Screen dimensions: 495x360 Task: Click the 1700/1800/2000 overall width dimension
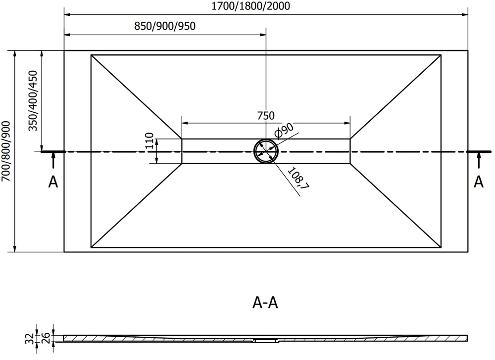(250, 5)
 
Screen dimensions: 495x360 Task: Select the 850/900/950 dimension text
(165, 26)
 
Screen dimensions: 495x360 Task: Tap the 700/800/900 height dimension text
(6, 151)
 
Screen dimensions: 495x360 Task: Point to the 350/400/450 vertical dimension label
(33, 100)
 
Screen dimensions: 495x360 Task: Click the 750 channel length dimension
(266, 116)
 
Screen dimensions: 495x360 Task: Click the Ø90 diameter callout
(284, 130)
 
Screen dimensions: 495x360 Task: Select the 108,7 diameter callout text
(298, 178)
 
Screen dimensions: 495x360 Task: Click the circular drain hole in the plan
(266, 151)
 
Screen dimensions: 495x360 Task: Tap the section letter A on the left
(53, 182)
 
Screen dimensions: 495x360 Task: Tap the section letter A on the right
(479, 182)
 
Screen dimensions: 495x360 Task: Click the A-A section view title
(265, 303)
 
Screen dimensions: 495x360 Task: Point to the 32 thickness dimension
(29, 339)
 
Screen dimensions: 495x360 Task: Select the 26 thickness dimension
(46, 338)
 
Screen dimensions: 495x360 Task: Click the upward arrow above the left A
(53, 160)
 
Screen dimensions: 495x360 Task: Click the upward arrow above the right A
(479, 160)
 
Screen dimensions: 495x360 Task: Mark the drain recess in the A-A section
(265, 340)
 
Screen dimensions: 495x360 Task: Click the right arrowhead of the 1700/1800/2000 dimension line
(465, 14)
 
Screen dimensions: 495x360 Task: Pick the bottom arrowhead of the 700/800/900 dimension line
(14, 249)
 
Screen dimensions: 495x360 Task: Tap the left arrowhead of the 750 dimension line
(185, 123)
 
